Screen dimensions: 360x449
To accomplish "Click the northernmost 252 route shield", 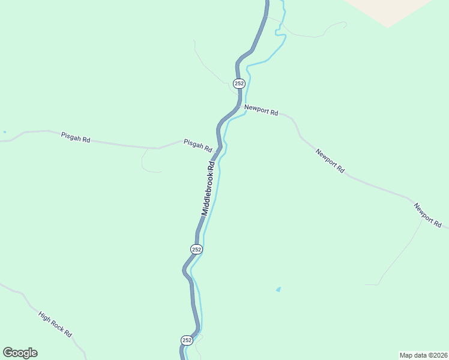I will tap(239, 83).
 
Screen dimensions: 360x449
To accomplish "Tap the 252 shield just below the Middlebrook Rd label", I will tap(196, 249).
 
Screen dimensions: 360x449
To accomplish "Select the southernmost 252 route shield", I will tap(187, 340).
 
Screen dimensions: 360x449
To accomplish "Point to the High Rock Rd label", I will tap(55, 324).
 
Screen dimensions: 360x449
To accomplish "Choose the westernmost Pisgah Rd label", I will tap(76, 137).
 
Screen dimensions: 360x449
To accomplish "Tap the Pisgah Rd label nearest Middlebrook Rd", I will tap(198, 145).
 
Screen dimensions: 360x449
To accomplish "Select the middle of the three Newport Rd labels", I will tap(330, 161).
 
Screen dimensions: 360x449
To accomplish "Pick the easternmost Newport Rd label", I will tap(427, 215).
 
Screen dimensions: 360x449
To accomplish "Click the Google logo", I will tap(20, 353).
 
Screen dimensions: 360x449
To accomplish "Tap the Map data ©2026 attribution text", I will tap(423, 355).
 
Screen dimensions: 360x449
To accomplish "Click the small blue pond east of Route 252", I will tap(278, 289).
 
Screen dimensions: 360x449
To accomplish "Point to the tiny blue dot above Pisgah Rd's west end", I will tap(5, 132).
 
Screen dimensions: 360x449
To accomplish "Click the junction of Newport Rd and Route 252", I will tap(240, 107).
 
